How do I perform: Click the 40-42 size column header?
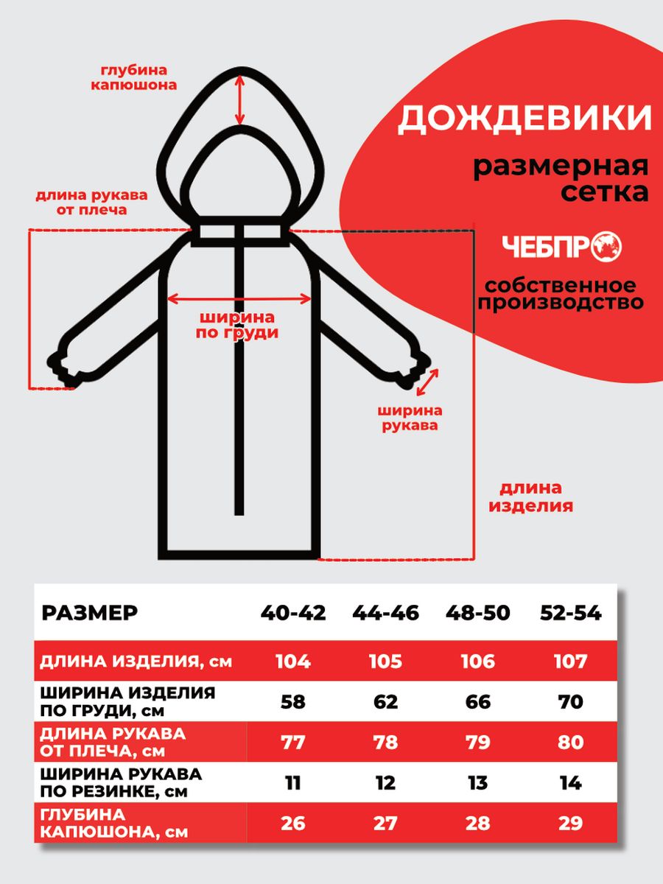coord(292,613)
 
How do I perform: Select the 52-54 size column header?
coord(570,613)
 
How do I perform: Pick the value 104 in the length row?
coord(292,662)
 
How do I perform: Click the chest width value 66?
coord(478,702)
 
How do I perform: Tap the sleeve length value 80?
coord(570,742)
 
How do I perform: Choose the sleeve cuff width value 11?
coord(292,782)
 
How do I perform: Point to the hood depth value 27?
coord(385,823)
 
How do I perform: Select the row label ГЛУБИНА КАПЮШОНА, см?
coord(114,823)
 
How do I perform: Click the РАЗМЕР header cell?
coord(89,613)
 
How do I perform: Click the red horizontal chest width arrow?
coord(239,298)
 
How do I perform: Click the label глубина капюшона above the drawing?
coord(133,77)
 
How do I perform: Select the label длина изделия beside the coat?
coord(530,497)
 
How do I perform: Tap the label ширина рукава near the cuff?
coord(410,418)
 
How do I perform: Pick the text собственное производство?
coord(560,293)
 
